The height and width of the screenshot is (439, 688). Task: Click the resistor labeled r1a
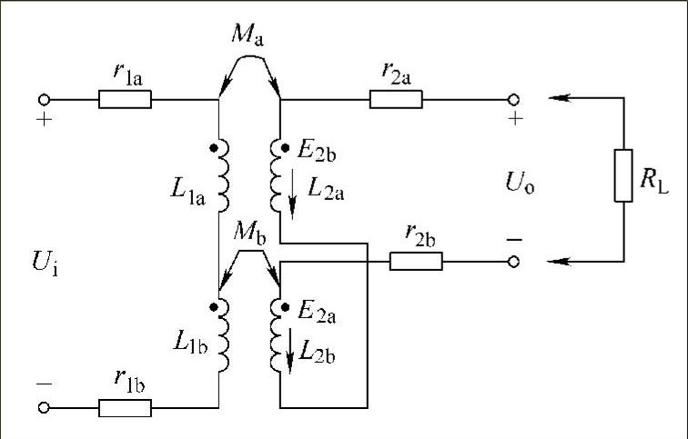(x=126, y=98)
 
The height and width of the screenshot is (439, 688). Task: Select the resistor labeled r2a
(x=396, y=98)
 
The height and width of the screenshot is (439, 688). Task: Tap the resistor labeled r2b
(x=416, y=262)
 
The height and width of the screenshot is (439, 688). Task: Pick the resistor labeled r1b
(x=125, y=407)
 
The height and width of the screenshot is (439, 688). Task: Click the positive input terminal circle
(x=43, y=98)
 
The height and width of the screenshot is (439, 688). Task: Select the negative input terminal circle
(x=43, y=407)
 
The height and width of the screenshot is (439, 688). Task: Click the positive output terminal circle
(x=514, y=98)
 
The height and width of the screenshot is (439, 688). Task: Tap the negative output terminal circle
(x=514, y=262)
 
